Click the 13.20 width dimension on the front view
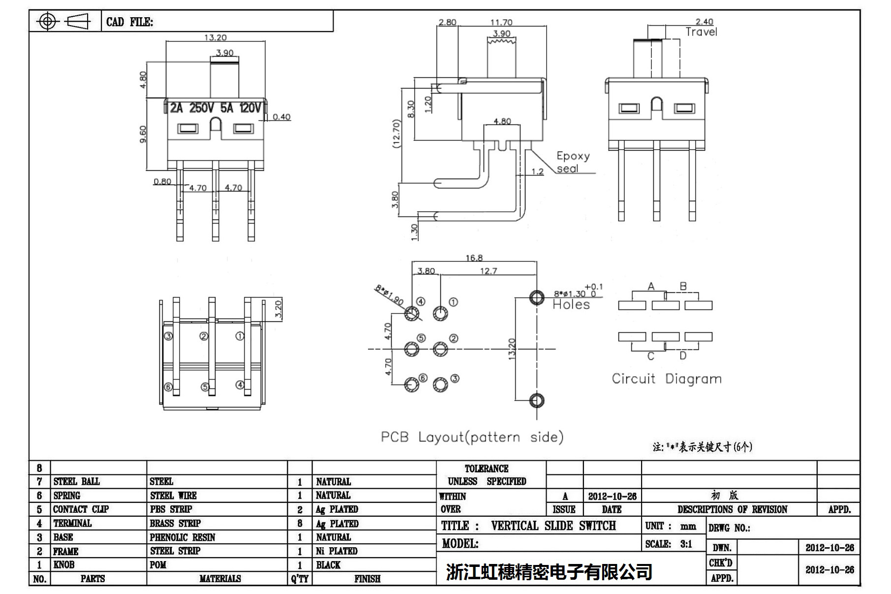click(215, 37)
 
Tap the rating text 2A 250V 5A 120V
click(215, 108)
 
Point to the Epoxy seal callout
click(573, 162)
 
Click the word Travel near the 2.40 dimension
click(701, 32)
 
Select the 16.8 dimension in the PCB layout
click(474, 258)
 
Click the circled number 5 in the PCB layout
click(421, 338)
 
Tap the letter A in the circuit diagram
click(651, 286)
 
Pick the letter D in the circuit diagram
click(683, 355)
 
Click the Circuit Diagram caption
click(667, 378)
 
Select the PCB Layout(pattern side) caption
click(472, 437)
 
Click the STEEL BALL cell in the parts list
click(77, 482)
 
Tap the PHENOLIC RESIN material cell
click(183, 537)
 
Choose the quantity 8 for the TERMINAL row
click(300, 524)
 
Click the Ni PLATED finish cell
click(337, 551)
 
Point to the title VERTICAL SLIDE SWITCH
click(553, 526)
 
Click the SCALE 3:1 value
click(686, 544)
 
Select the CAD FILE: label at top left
click(129, 22)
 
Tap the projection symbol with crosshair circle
click(47, 21)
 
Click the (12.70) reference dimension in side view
click(397, 133)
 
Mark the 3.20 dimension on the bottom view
click(278, 310)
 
